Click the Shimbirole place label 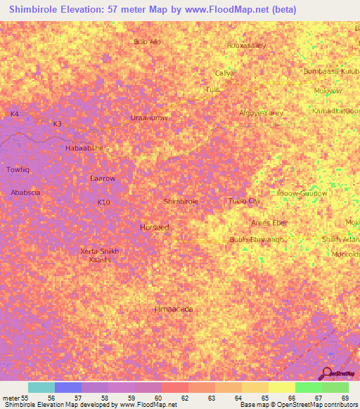[181, 201]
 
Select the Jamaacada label [173, 309]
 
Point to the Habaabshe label [84, 148]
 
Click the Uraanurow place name [149, 117]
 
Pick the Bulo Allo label [148, 41]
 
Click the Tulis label [212, 90]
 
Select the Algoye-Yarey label [261, 112]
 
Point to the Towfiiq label [18, 169]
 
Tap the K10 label [104, 202]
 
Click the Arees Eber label [269, 223]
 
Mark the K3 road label [58, 124]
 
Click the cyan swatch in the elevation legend [41, 387]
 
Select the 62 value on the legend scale [185, 398]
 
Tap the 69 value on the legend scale [345, 398]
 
